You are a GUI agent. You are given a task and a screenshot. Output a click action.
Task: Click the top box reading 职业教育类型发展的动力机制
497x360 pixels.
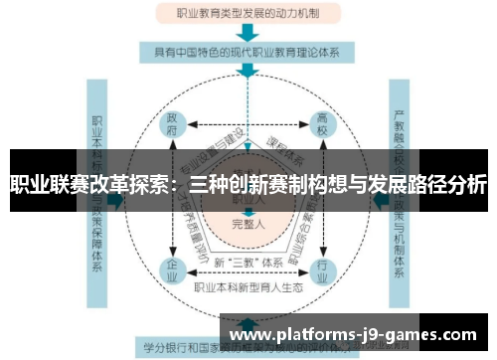[248, 14]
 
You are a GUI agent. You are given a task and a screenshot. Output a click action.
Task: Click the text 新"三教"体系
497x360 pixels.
[248, 262]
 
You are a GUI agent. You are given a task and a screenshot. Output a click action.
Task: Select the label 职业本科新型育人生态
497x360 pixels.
[249, 286]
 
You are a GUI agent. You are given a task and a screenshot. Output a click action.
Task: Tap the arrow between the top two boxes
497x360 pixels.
[248, 32]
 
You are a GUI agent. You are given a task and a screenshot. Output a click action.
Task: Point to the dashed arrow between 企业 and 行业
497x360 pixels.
[248, 270]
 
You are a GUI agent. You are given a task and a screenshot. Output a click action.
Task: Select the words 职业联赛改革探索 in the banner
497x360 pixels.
[89, 183]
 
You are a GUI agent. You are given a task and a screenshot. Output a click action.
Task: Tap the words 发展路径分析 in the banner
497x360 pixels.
[428, 183]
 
